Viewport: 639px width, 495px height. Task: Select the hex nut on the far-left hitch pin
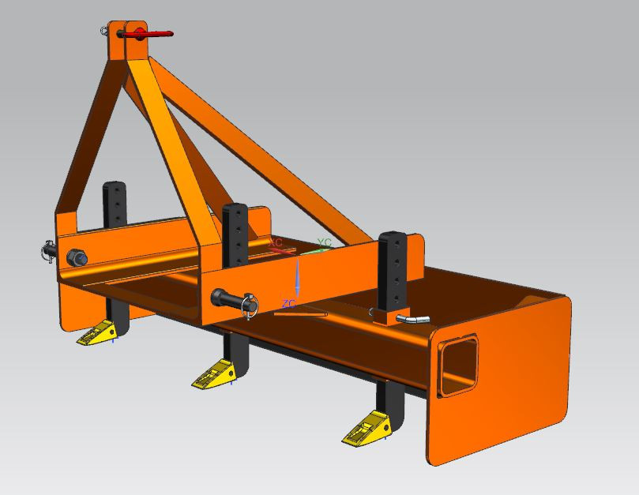[x=78, y=257]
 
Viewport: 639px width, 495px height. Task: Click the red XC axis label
[x=276, y=243]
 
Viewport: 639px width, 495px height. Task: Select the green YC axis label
[x=324, y=242]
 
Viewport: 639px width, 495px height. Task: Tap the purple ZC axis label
[x=288, y=303]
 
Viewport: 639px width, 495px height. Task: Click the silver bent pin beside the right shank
[x=412, y=318]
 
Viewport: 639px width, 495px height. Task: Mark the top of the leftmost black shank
[x=114, y=188]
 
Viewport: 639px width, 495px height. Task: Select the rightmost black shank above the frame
[x=392, y=268]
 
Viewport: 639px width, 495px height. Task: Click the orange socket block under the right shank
[x=388, y=316]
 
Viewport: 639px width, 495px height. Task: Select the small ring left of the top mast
[x=104, y=31]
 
